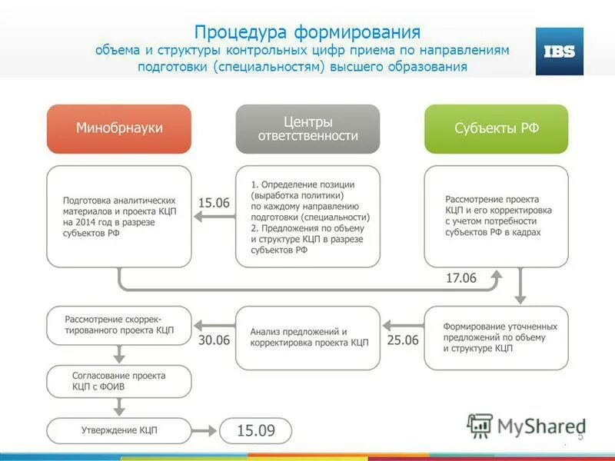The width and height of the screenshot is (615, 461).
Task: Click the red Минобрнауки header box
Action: click(119, 128)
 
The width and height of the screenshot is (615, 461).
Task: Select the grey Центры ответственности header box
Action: click(307, 128)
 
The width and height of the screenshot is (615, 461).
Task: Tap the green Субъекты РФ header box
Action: click(497, 128)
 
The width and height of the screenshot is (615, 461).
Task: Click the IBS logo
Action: click(559, 51)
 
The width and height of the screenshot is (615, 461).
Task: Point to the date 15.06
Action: click(214, 203)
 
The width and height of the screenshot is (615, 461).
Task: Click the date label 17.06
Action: click(461, 278)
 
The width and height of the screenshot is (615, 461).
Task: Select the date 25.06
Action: click(403, 340)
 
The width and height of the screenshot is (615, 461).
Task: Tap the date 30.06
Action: click(214, 340)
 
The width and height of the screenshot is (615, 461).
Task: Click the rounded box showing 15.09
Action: click(256, 430)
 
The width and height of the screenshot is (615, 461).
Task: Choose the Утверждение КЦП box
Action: click(119, 430)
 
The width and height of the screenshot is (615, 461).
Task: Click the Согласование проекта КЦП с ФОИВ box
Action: click(119, 382)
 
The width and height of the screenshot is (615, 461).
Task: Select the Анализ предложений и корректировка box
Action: click(307, 337)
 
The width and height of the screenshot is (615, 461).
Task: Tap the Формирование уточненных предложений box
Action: click(497, 337)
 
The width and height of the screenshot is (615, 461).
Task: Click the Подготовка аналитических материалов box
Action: click(119, 216)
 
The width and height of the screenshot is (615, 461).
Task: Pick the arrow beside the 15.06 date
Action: click(214, 217)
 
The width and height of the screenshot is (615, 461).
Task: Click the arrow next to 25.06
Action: click(402, 324)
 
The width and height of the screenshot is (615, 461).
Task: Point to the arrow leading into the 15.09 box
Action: click(205, 430)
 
